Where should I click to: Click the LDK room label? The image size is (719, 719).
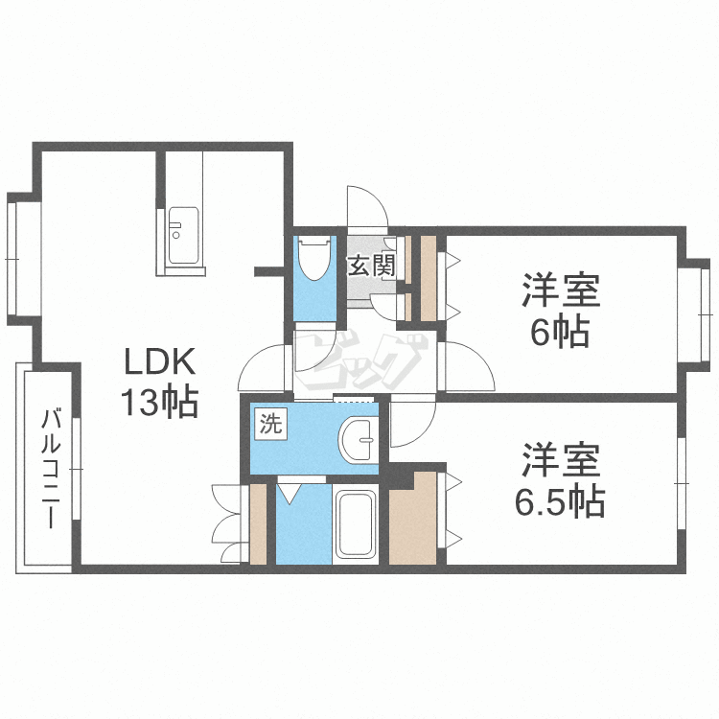click(x=160, y=361)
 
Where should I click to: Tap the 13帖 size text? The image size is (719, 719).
click(x=159, y=402)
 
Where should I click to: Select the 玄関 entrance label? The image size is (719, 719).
click(x=371, y=265)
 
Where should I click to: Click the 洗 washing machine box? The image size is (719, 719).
click(x=271, y=424)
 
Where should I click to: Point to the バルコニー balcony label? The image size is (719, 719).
click(x=51, y=468)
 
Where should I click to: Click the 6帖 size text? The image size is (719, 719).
click(x=560, y=332)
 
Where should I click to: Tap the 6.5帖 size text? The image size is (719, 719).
click(x=560, y=502)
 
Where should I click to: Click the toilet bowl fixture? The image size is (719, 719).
click(x=315, y=258)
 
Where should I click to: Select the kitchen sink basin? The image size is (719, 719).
click(x=183, y=236)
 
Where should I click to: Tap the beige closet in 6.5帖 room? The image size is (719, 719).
click(x=412, y=518)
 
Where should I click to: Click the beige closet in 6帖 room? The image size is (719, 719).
click(x=428, y=279)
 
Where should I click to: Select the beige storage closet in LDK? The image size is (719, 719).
click(x=258, y=523)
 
